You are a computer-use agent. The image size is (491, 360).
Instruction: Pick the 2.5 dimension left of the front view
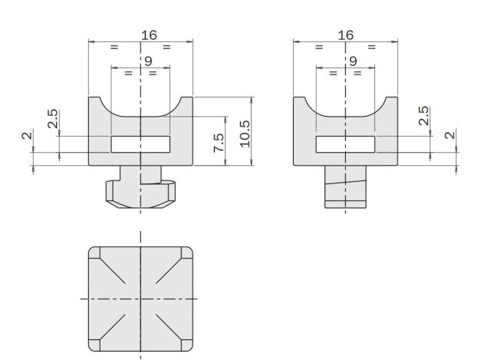tap(51, 119)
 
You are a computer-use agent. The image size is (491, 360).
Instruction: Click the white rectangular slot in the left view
tap(140, 144)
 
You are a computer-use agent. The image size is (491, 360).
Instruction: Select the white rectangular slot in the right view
tap(345, 144)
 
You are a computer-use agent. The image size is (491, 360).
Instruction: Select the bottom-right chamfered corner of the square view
tap(185, 344)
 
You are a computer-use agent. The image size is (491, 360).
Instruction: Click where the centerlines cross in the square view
tap(140, 298)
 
